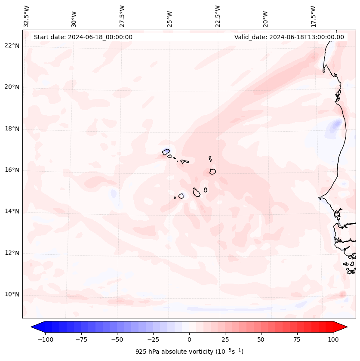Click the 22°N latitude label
12,46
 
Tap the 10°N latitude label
12,294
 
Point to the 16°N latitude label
12,170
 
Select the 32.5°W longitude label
27,16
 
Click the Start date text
83,37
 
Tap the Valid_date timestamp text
289,37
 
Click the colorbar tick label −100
45,339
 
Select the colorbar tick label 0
189,339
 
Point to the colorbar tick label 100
333,339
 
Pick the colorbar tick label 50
261,339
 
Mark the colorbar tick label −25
153,339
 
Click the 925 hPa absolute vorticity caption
189,352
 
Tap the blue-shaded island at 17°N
166,151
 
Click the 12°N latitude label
12,253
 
